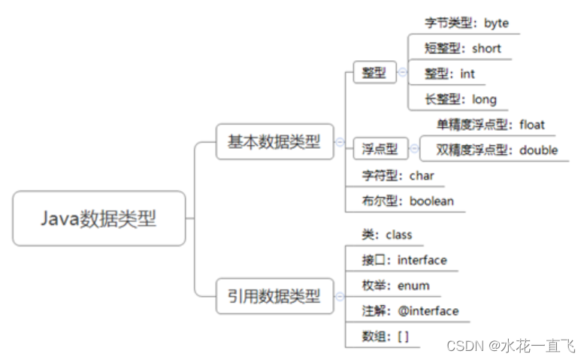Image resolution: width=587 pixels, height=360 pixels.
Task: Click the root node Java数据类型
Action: tap(98, 218)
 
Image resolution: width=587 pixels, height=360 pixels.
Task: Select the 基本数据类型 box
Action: tap(274, 141)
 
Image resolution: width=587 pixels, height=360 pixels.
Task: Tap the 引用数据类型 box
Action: tap(274, 296)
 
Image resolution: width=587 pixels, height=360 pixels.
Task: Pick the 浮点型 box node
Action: tap(380, 149)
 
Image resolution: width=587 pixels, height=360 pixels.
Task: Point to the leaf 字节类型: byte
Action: tap(466, 23)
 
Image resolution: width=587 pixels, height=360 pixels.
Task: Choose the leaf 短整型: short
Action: tap(462, 48)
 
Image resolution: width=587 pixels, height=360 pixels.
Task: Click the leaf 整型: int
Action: tap(449, 74)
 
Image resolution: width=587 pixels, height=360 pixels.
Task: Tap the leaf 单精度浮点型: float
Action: tap(490, 124)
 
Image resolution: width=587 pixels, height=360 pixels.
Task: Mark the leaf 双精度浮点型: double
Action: tap(497, 150)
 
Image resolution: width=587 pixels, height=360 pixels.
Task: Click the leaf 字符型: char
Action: tap(398, 176)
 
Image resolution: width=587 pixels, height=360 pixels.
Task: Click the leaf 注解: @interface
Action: tap(410, 310)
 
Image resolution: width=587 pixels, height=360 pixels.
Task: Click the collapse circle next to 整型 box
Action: tap(403, 73)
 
